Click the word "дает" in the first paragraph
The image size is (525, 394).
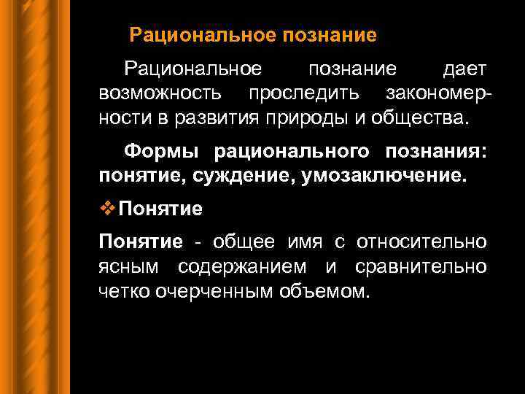(x=464, y=69)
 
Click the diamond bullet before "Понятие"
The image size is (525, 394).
(x=108, y=209)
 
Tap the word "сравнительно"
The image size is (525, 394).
(x=421, y=267)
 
